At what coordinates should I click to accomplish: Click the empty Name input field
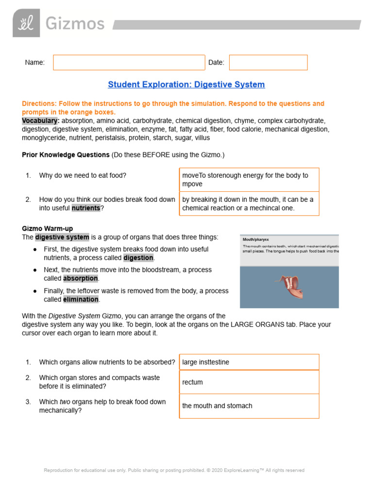pos(129,63)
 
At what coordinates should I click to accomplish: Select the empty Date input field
pos(268,63)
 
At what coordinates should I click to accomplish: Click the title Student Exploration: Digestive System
pos(186,84)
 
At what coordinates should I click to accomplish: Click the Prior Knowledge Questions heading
pos(66,155)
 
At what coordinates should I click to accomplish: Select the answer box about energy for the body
pos(249,180)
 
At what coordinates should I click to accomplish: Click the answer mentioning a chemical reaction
pos(249,204)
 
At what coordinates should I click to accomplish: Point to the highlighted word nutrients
pos(86,208)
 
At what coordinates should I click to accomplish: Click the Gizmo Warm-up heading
pos(48,228)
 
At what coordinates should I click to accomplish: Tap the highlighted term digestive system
pos(62,237)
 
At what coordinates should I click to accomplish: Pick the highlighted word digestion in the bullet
pos(138,258)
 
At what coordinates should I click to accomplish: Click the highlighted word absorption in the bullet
pos(80,279)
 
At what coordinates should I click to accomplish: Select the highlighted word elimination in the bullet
pos(81,299)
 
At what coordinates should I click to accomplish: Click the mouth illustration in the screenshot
pos(289,287)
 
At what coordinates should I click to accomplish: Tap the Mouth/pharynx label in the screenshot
pos(256,239)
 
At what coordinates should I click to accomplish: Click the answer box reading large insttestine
pos(249,362)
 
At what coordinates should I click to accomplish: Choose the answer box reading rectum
pos(249,382)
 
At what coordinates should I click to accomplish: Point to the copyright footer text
pos(174,470)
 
